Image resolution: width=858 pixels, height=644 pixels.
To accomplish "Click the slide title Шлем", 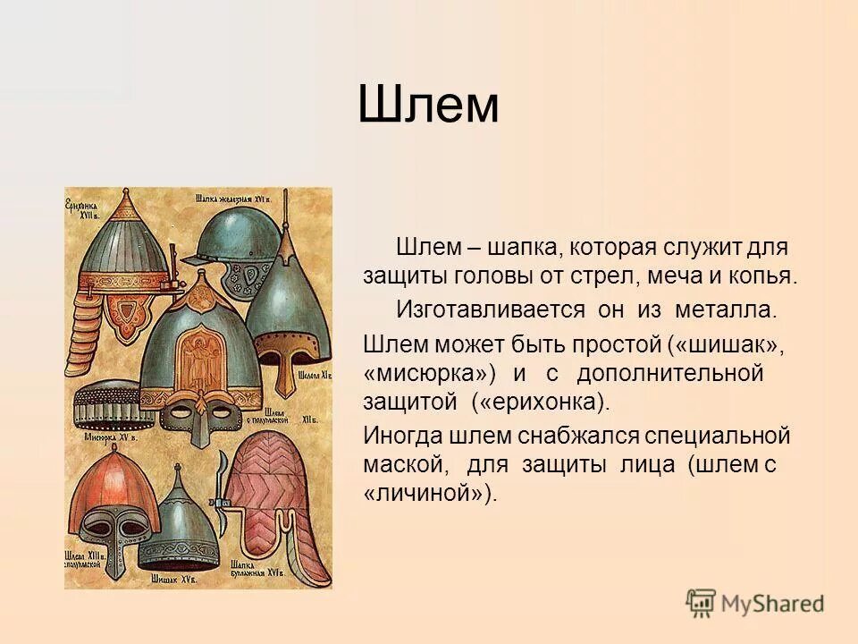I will tap(428, 106).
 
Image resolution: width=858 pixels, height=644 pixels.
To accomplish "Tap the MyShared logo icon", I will tap(701, 602).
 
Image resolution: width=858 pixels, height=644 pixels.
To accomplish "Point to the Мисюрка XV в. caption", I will tap(105, 438).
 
